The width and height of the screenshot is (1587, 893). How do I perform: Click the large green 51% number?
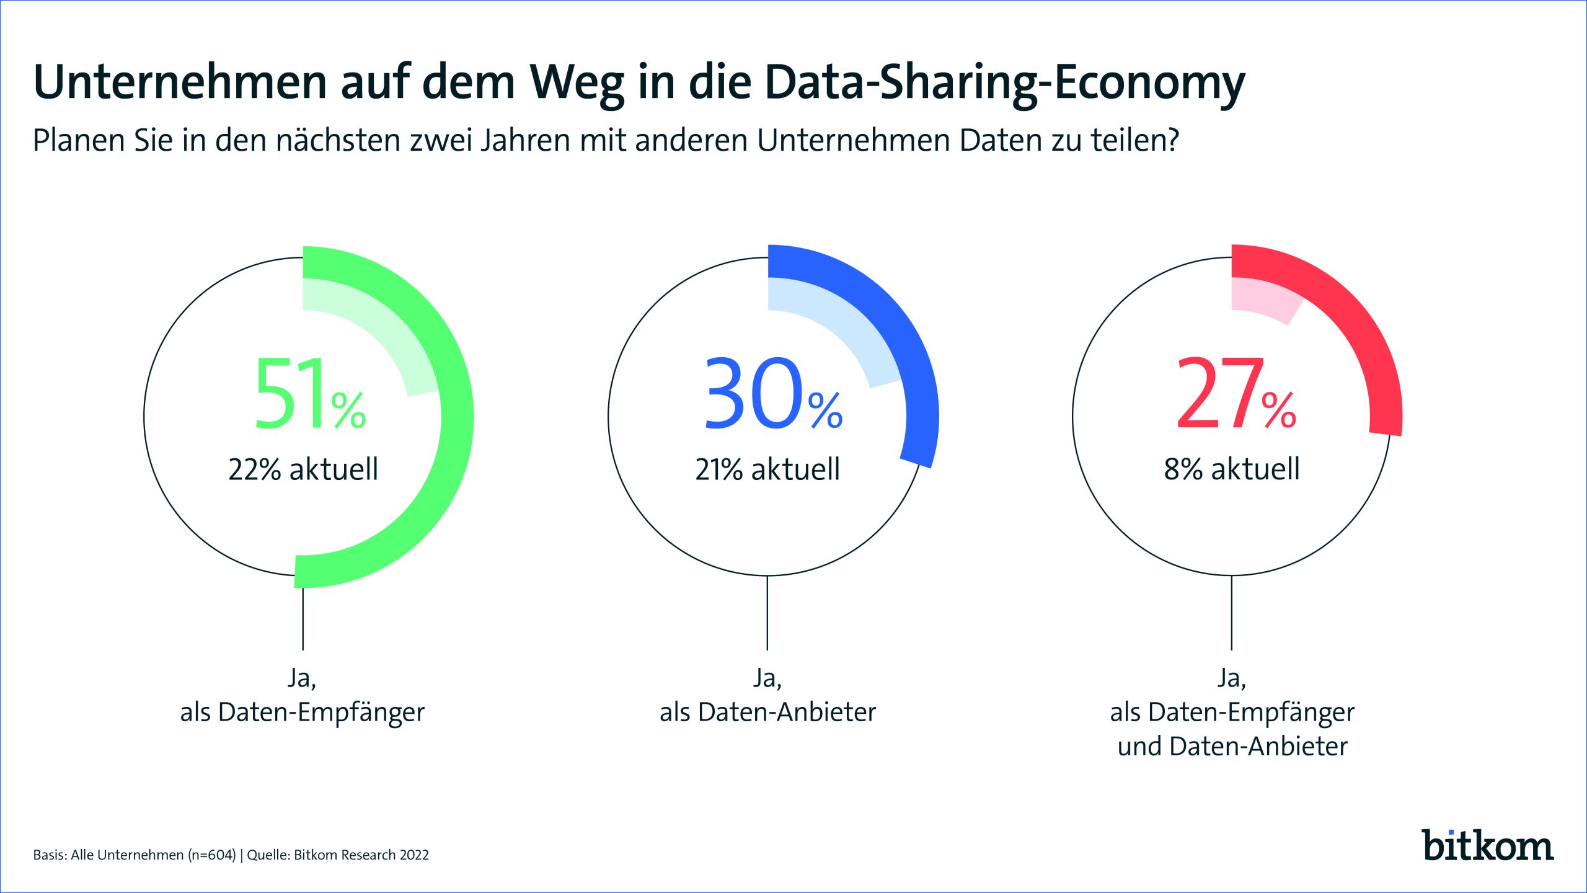point(309,394)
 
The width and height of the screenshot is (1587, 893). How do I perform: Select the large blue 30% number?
point(772,394)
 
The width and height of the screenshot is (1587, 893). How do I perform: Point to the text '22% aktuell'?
point(303,469)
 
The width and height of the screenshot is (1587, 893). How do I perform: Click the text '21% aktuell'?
point(767,469)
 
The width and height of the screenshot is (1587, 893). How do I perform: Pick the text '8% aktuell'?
point(1232,469)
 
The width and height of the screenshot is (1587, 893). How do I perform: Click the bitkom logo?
point(1487,846)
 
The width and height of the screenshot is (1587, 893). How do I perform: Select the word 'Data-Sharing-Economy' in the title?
point(1004,82)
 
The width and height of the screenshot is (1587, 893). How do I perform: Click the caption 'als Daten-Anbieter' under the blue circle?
point(767,713)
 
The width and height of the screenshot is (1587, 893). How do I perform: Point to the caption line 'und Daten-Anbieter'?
point(1232,747)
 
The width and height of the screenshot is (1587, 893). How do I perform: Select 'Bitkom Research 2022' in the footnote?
point(361,855)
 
